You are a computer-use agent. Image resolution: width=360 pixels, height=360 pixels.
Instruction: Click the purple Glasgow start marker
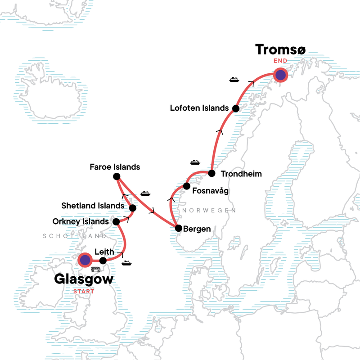coord(85,260)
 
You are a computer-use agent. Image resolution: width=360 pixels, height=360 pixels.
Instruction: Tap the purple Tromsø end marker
coord(281,75)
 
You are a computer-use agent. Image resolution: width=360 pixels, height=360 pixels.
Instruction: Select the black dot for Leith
coord(103,261)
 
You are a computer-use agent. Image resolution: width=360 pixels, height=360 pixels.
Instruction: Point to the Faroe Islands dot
coord(117,176)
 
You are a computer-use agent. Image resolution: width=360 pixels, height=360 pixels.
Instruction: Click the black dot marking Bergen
coord(178,228)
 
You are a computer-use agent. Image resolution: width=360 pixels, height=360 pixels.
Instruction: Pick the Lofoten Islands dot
coord(235,108)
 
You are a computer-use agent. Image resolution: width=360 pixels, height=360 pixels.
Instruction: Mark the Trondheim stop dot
coord(211,173)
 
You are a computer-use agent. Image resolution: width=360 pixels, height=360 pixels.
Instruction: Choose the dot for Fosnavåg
coord(186,186)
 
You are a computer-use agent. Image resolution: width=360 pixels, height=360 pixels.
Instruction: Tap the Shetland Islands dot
coord(133,208)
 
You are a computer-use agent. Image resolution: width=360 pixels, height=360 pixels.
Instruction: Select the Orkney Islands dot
coord(116,221)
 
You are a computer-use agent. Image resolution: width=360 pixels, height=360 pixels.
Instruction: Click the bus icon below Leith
coord(95,270)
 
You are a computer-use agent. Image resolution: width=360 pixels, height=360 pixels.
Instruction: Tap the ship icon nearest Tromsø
coord(234,80)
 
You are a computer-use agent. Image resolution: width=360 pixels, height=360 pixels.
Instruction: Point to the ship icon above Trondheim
coord(194,162)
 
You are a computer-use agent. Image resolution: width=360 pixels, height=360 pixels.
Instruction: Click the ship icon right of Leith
coord(126,263)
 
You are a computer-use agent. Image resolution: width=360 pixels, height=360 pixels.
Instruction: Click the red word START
coord(84,291)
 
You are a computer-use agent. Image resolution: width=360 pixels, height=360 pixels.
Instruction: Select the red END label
coord(280,60)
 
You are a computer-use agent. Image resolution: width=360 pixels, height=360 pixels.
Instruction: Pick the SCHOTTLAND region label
coord(75,236)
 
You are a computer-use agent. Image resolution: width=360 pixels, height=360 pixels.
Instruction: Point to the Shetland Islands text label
coord(93,206)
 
